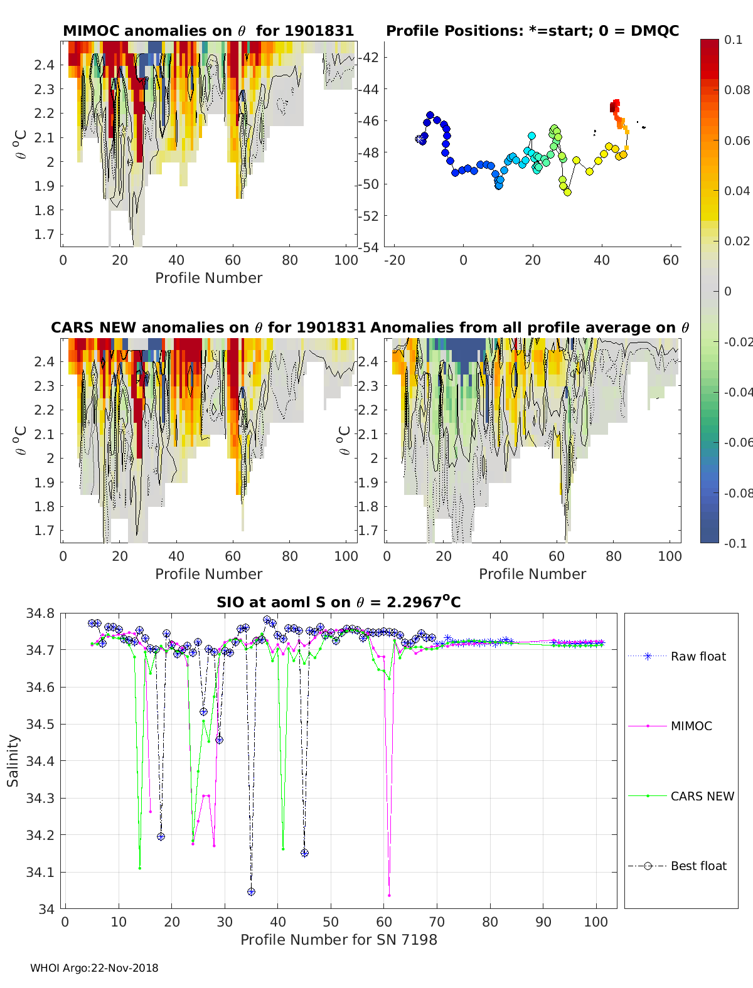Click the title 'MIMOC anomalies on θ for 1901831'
pyautogui.click(x=208, y=31)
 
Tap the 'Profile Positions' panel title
pyautogui.click(x=532, y=31)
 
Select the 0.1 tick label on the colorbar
pyautogui.click(x=733, y=40)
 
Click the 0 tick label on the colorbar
pyautogui.click(x=728, y=291)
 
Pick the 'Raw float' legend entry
pyautogui.click(x=698, y=656)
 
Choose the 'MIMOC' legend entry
pyautogui.click(x=691, y=726)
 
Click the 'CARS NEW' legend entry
pyautogui.click(x=702, y=796)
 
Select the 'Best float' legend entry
pyautogui.click(x=698, y=866)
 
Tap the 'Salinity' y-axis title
pyautogui.click(x=13, y=760)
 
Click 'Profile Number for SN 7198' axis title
pyautogui.click(x=339, y=940)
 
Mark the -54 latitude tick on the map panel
pyautogui.click(x=369, y=247)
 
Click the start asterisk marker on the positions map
pyautogui.click(x=419, y=139)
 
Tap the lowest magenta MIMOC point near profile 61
pyautogui.click(x=389, y=895)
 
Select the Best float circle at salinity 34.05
pyautogui.click(x=251, y=891)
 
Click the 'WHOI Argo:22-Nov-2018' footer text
pyautogui.click(x=94, y=968)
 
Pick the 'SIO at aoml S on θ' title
pyautogui.click(x=339, y=602)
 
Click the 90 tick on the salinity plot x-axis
pyautogui.click(x=543, y=922)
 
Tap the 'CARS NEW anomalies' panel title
pyautogui.click(x=208, y=327)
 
